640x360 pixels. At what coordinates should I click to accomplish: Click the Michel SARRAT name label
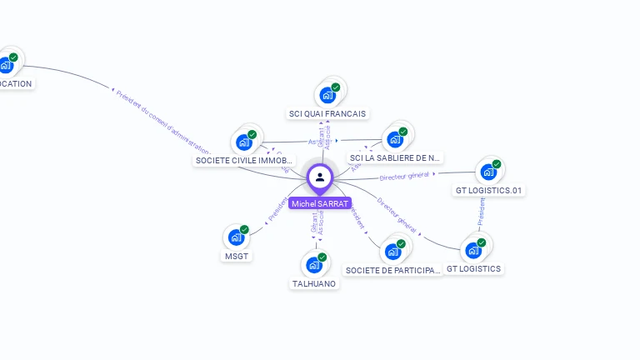(320, 203)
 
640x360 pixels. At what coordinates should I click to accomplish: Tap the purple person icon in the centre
(320, 177)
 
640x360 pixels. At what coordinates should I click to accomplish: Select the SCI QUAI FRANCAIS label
(327, 113)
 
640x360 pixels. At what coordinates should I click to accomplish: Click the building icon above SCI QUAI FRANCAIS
(327, 95)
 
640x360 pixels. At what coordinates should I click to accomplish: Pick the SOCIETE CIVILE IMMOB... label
(243, 160)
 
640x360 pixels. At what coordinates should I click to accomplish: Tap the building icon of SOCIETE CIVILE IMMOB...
(243, 142)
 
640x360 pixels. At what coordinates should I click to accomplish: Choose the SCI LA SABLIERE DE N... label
(395, 157)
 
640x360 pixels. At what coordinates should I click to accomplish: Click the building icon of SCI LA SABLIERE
(395, 139)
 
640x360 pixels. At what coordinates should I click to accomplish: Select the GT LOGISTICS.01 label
(489, 190)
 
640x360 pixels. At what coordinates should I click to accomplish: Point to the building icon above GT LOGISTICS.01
(488, 172)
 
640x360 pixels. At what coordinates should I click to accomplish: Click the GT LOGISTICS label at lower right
(473, 268)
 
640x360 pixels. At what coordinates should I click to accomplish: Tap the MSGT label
(237, 256)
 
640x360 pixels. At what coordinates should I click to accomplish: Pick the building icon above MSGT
(237, 237)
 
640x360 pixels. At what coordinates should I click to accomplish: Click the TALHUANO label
(314, 283)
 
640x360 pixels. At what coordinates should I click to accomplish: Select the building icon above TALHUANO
(314, 265)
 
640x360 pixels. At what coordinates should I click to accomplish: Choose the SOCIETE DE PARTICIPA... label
(392, 270)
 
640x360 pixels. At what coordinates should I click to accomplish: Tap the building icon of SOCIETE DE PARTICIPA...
(392, 251)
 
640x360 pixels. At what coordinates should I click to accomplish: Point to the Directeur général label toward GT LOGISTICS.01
(404, 176)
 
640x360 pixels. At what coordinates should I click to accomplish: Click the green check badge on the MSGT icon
(244, 229)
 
